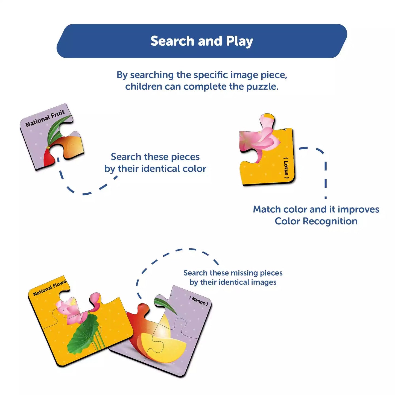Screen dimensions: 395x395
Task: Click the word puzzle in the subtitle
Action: pyautogui.click(x=262, y=87)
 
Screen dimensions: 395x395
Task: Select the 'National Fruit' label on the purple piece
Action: pyautogui.click(x=45, y=118)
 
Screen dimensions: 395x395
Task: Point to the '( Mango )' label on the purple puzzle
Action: pyautogui.click(x=199, y=301)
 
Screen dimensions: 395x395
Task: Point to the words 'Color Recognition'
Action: pyautogui.click(x=316, y=221)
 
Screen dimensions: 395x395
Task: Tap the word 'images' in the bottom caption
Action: pyautogui.click(x=264, y=282)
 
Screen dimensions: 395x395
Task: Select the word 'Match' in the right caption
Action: pyautogui.click(x=267, y=209)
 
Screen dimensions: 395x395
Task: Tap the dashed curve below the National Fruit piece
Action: pyautogui.click(x=82, y=193)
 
